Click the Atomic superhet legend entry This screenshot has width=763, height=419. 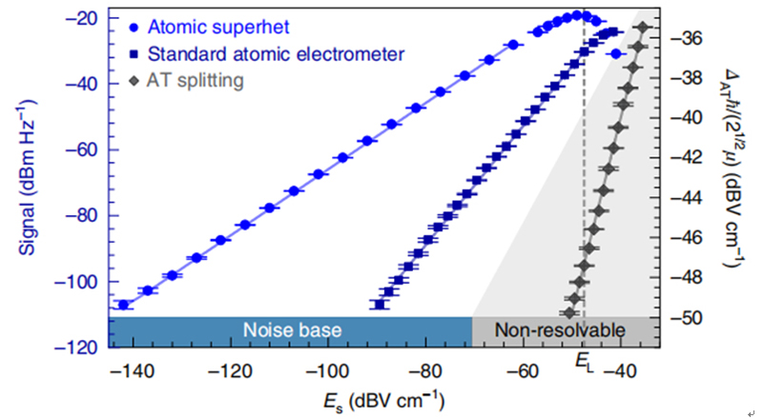tap(210, 27)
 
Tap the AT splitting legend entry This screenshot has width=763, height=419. tap(187, 80)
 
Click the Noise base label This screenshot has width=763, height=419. tap(292, 330)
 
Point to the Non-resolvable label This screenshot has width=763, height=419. tap(560, 330)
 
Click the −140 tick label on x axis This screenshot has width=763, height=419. tap(133, 371)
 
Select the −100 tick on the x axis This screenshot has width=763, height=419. tap(327, 371)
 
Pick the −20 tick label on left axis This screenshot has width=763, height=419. tap(80, 18)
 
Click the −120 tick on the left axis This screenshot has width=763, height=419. tap(76, 348)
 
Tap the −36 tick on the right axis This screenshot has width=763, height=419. tap(686, 38)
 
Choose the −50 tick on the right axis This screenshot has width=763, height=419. tap(686, 318)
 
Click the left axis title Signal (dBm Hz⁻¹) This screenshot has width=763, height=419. tap(28, 177)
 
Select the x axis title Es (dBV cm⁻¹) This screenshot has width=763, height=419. tap(384, 403)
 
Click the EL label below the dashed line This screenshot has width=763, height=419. tap(585, 362)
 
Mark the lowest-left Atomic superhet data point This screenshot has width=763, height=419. tap(123, 305)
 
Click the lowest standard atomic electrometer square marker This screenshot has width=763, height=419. tap(380, 305)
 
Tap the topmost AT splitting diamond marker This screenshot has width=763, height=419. tap(643, 28)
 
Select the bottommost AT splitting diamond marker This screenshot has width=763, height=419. tap(569, 313)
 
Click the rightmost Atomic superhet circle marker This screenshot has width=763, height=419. tap(616, 54)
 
